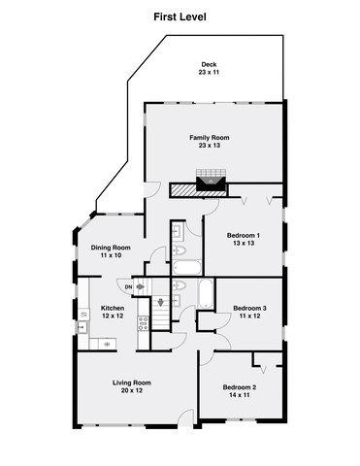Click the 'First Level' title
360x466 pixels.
pos(180,17)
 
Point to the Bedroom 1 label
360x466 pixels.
pos(244,235)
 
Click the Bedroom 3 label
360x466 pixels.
pos(250,309)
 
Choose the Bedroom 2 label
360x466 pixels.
pos(241,387)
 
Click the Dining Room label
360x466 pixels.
pos(111,248)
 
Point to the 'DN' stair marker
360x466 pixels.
pos(127,285)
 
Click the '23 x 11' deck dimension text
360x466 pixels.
pos(205,73)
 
